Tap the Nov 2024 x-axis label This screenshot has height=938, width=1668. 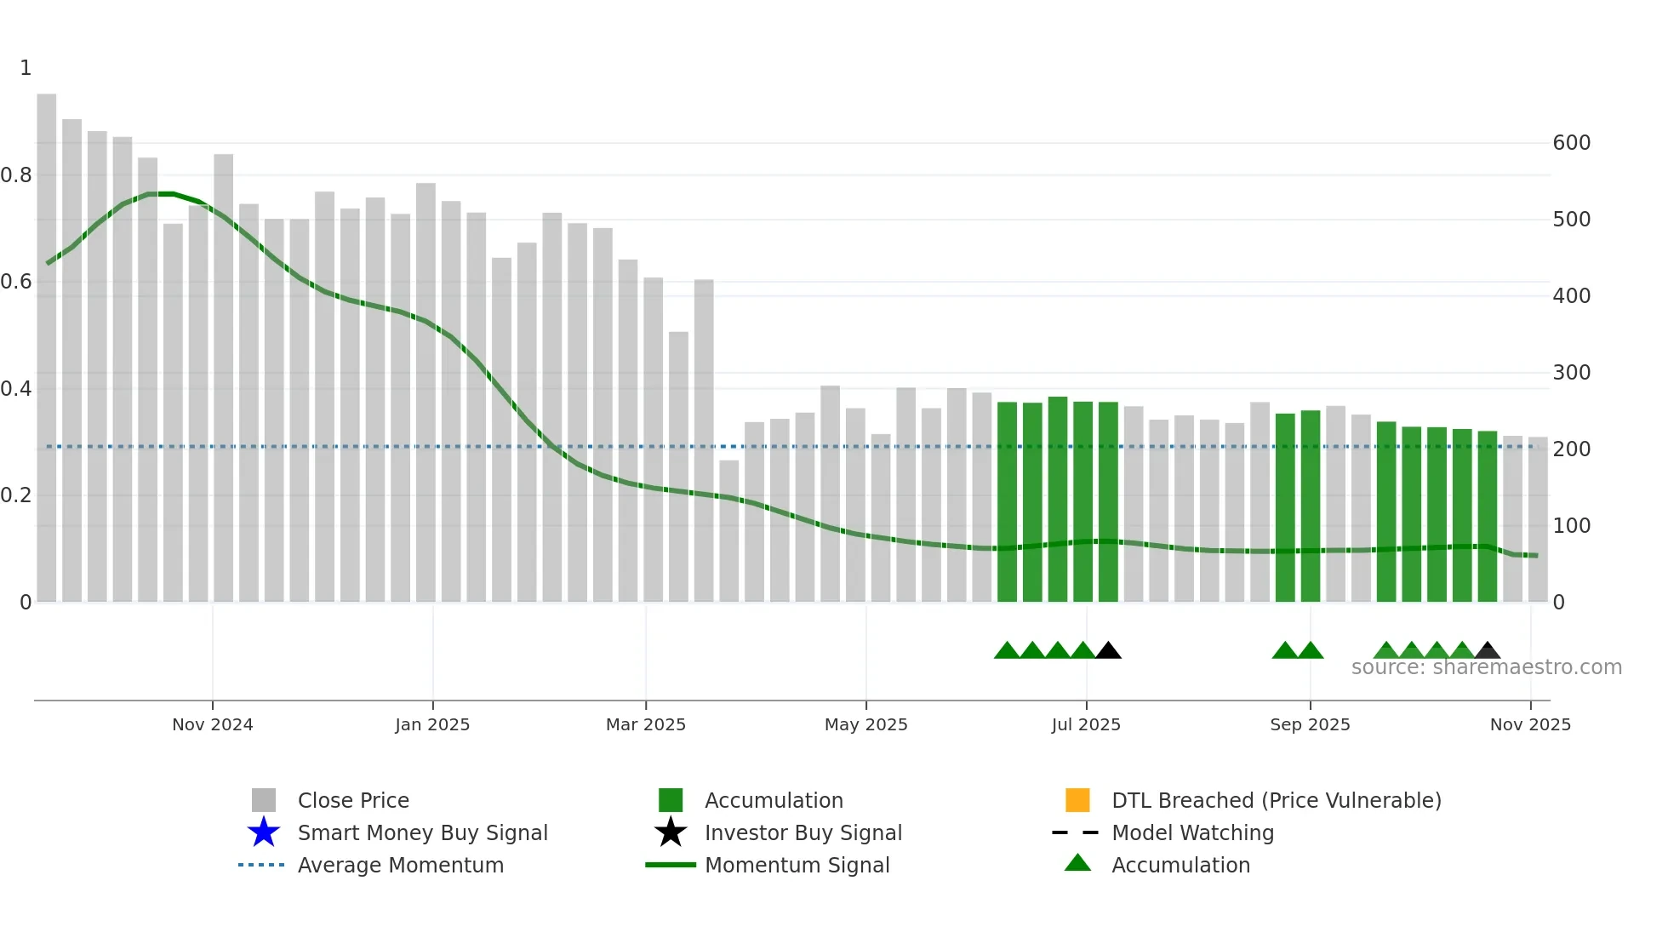pyautogui.click(x=213, y=724)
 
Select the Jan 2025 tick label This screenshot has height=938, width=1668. pyautogui.click(x=432, y=724)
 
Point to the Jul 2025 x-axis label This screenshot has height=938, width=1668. pyautogui.click(x=1086, y=724)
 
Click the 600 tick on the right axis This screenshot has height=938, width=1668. pyautogui.click(x=1571, y=143)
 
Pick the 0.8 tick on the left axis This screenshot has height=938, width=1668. pyautogui.click(x=16, y=175)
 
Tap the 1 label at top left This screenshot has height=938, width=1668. pyautogui.click(x=26, y=68)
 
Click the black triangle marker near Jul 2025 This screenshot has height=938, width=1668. pyautogui.click(x=1108, y=651)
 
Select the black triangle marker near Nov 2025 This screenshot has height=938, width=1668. pyautogui.click(x=1487, y=651)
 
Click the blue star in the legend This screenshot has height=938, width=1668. pyautogui.click(x=264, y=832)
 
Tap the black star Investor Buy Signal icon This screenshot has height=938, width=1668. pyautogui.click(x=671, y=832)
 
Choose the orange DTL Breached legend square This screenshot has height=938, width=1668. pyautogui.click(x=1077, y=800)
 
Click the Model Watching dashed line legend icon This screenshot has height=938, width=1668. pyautogui.click(x=1076, y=832)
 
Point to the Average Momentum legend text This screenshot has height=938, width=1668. pyautogui.click(x=400, y=865)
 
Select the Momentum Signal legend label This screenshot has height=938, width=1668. pyautogui.click(x=797, y=865)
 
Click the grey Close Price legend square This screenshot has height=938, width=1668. pyautogui.click(x=264, y=800)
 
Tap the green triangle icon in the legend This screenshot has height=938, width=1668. pyautogui.click(x=1077, y=863)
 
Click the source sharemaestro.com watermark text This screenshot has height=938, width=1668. pyautogui.click(x=1486, y=667)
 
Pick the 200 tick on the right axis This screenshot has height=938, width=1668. pyautogui.click(x=1571, y=449)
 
